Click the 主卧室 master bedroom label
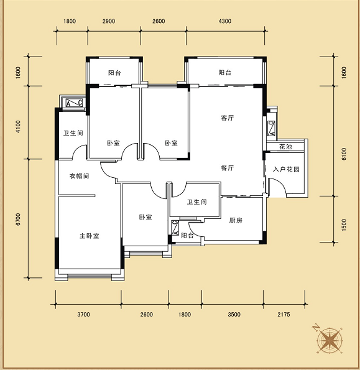tap(90, 236)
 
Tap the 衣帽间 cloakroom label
tap(79, 176)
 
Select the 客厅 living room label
tap(228, 118)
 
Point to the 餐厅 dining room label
tap(228, 168)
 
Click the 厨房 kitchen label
tap(236, 220)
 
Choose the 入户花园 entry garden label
tap(286, 169)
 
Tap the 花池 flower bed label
tap(285, 147)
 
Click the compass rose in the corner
tap(329, 340)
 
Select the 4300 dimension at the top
tap(225, 21)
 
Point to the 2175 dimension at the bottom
tap(284, 314)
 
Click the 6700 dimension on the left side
tap(18, 220)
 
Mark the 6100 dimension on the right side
tap(344, 154)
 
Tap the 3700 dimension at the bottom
tap(83, 314)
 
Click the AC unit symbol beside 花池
tap(272, 129)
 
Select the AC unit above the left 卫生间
tap(74, 103)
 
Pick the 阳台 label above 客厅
tap(224, 72)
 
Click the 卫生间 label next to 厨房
tap(196, 201)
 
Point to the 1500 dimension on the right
tap(344, 225)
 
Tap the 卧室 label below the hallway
tap(145, 217)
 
